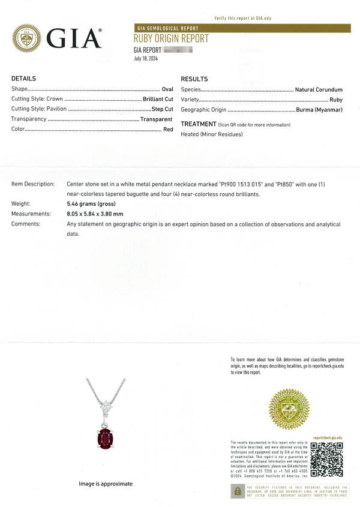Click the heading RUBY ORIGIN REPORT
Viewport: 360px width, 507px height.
pyautogui.click(x=171, y=39)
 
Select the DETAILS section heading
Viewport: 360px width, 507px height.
pyautogui.click(x=24, y=79)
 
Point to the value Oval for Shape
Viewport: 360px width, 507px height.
pyautogui.click(x=167, y=89)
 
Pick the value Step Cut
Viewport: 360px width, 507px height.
pyautogui.click(x=162, y=110)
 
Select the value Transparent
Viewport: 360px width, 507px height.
pyautogui.click(x=157, y=119)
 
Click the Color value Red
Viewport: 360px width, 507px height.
pyautogui.click(x=168, y=130)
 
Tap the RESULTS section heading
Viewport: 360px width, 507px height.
pyautogui.click(x=194, y=79)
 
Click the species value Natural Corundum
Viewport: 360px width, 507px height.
pyautogui.click(x=319, y=89)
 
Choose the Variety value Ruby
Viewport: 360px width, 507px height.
pyautogui.click(x=336, y=100)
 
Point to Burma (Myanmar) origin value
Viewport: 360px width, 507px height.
pyautogui.click(x=319, y=110)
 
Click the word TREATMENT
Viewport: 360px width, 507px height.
pyautogui.click(x=199, y=124)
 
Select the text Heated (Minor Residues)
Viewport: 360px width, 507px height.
pyautogui.click(x=212, y=134)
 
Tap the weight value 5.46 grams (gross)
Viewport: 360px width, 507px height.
pyautogui.click(x=91, y=204)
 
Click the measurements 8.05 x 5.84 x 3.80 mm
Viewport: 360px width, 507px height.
pyautogui.click(x=95, y=214)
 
